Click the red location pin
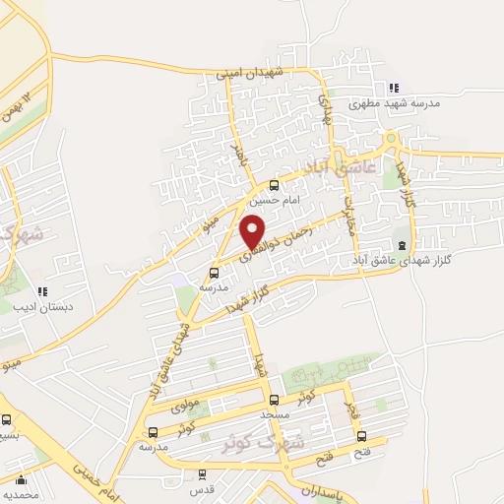[254, 232]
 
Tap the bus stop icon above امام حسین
[274, 184]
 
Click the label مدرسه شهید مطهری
[440, 102]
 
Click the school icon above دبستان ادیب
[41, 291]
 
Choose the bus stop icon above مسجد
[274, 401]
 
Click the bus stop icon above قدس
[202, 473]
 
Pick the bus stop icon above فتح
[361, 436]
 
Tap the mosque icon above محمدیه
[21, 481]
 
